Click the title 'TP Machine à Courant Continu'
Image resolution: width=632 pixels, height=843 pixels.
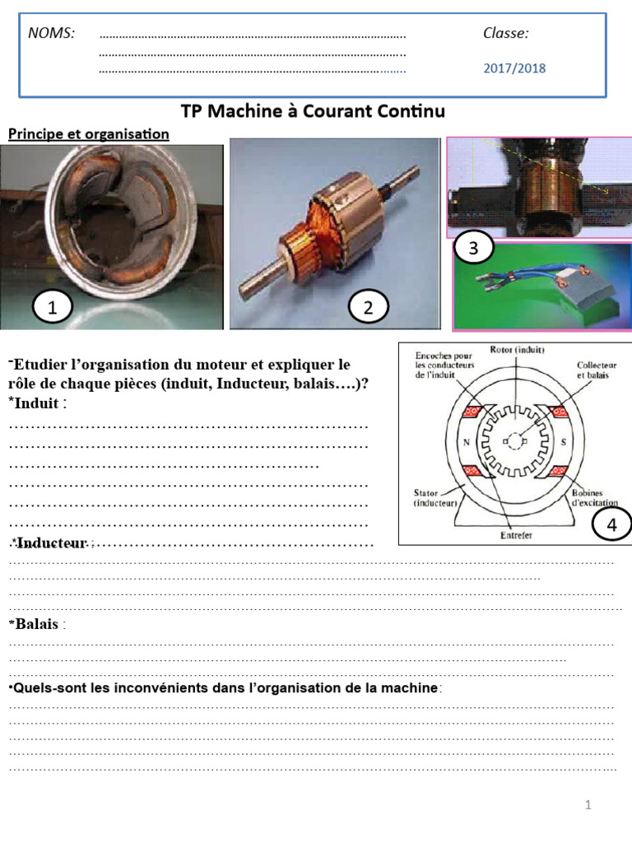click(313, 111)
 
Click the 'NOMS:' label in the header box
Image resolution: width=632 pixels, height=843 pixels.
click(51, 33)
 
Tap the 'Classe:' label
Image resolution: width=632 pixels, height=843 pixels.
click(505, 33)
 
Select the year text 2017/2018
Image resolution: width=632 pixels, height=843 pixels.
click(513, 68)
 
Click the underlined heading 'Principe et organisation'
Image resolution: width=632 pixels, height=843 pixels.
click(88, 133)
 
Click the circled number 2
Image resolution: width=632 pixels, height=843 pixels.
click(368, 308)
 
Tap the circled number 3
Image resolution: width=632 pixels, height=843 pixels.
click(472, 248)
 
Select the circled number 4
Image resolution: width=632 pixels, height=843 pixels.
click(611, 524)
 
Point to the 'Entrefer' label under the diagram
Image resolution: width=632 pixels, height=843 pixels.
click(516, 535)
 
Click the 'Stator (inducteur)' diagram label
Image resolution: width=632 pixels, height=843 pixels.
click(430, 497)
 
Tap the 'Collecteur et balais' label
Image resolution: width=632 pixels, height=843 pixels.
click(597, 370)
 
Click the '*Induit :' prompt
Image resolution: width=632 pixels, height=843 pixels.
click(37, 403)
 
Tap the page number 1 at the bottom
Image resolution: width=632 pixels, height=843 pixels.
click(588, 805)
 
